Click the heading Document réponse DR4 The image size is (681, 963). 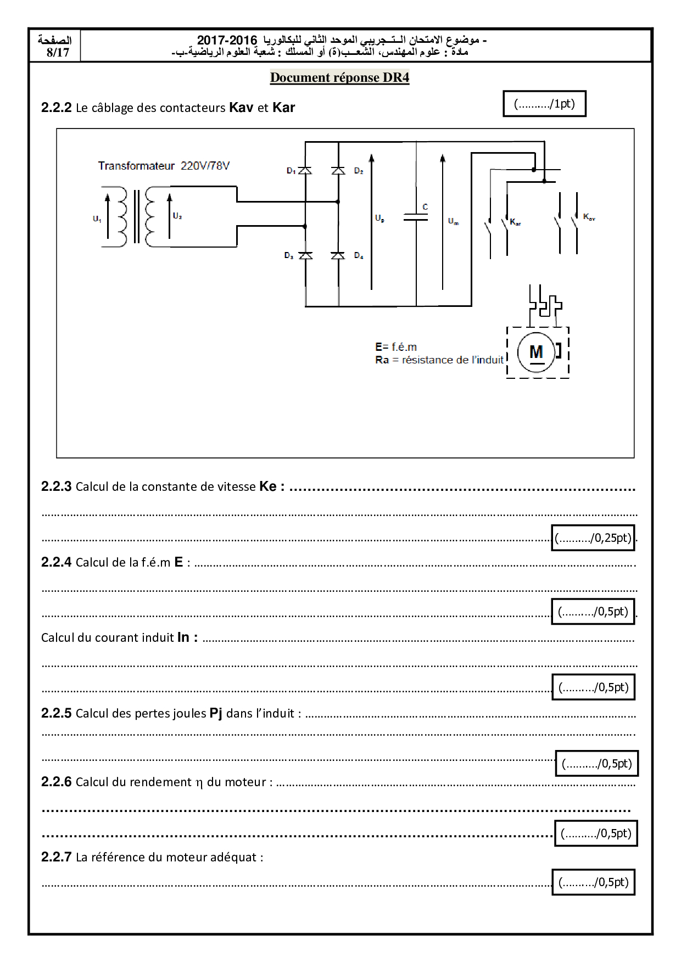339,77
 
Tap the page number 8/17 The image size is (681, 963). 58,53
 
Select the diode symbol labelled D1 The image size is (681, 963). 305,171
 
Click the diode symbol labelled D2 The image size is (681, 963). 338,171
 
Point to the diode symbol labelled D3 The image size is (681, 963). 305,255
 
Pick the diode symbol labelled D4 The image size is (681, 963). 338,255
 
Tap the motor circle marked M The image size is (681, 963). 536,352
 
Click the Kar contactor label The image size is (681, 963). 515,222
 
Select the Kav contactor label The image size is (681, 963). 589,217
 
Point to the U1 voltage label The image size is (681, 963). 97,219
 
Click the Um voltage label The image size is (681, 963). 453,221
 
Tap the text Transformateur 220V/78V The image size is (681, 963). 164,166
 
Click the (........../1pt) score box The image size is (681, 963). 544,104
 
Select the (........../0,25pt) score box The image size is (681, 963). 593,538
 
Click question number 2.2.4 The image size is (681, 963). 57,562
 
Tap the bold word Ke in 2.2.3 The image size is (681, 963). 268,486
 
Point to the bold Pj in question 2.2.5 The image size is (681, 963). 216,713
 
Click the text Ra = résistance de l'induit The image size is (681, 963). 439,360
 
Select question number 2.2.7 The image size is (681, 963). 57,857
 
